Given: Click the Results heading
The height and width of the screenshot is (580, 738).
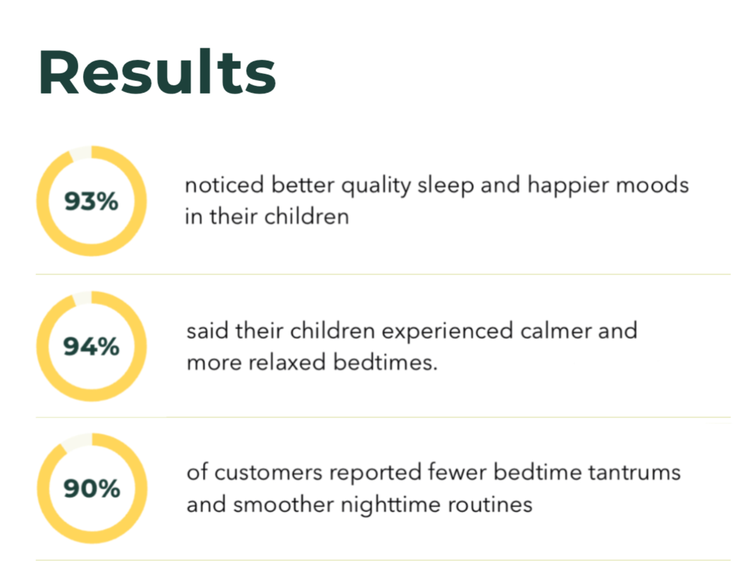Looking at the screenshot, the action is click(157, 72).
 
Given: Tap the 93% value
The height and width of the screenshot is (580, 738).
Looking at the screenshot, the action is click(91, 202).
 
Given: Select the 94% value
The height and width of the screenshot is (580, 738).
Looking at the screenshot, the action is click(91, 347).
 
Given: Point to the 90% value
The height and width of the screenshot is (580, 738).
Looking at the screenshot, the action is click(92, 488).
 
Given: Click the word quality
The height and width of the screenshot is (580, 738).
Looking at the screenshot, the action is click(376, 185).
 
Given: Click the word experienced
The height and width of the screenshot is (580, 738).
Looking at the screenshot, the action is click(447, 331).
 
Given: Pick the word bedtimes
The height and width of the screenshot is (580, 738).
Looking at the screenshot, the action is click(386, 362).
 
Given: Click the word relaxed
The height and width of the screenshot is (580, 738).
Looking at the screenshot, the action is click(286, 362).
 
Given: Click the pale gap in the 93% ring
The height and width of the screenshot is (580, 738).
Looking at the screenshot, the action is click(81, 152).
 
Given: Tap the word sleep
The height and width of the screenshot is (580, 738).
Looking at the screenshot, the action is click(445, 185).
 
